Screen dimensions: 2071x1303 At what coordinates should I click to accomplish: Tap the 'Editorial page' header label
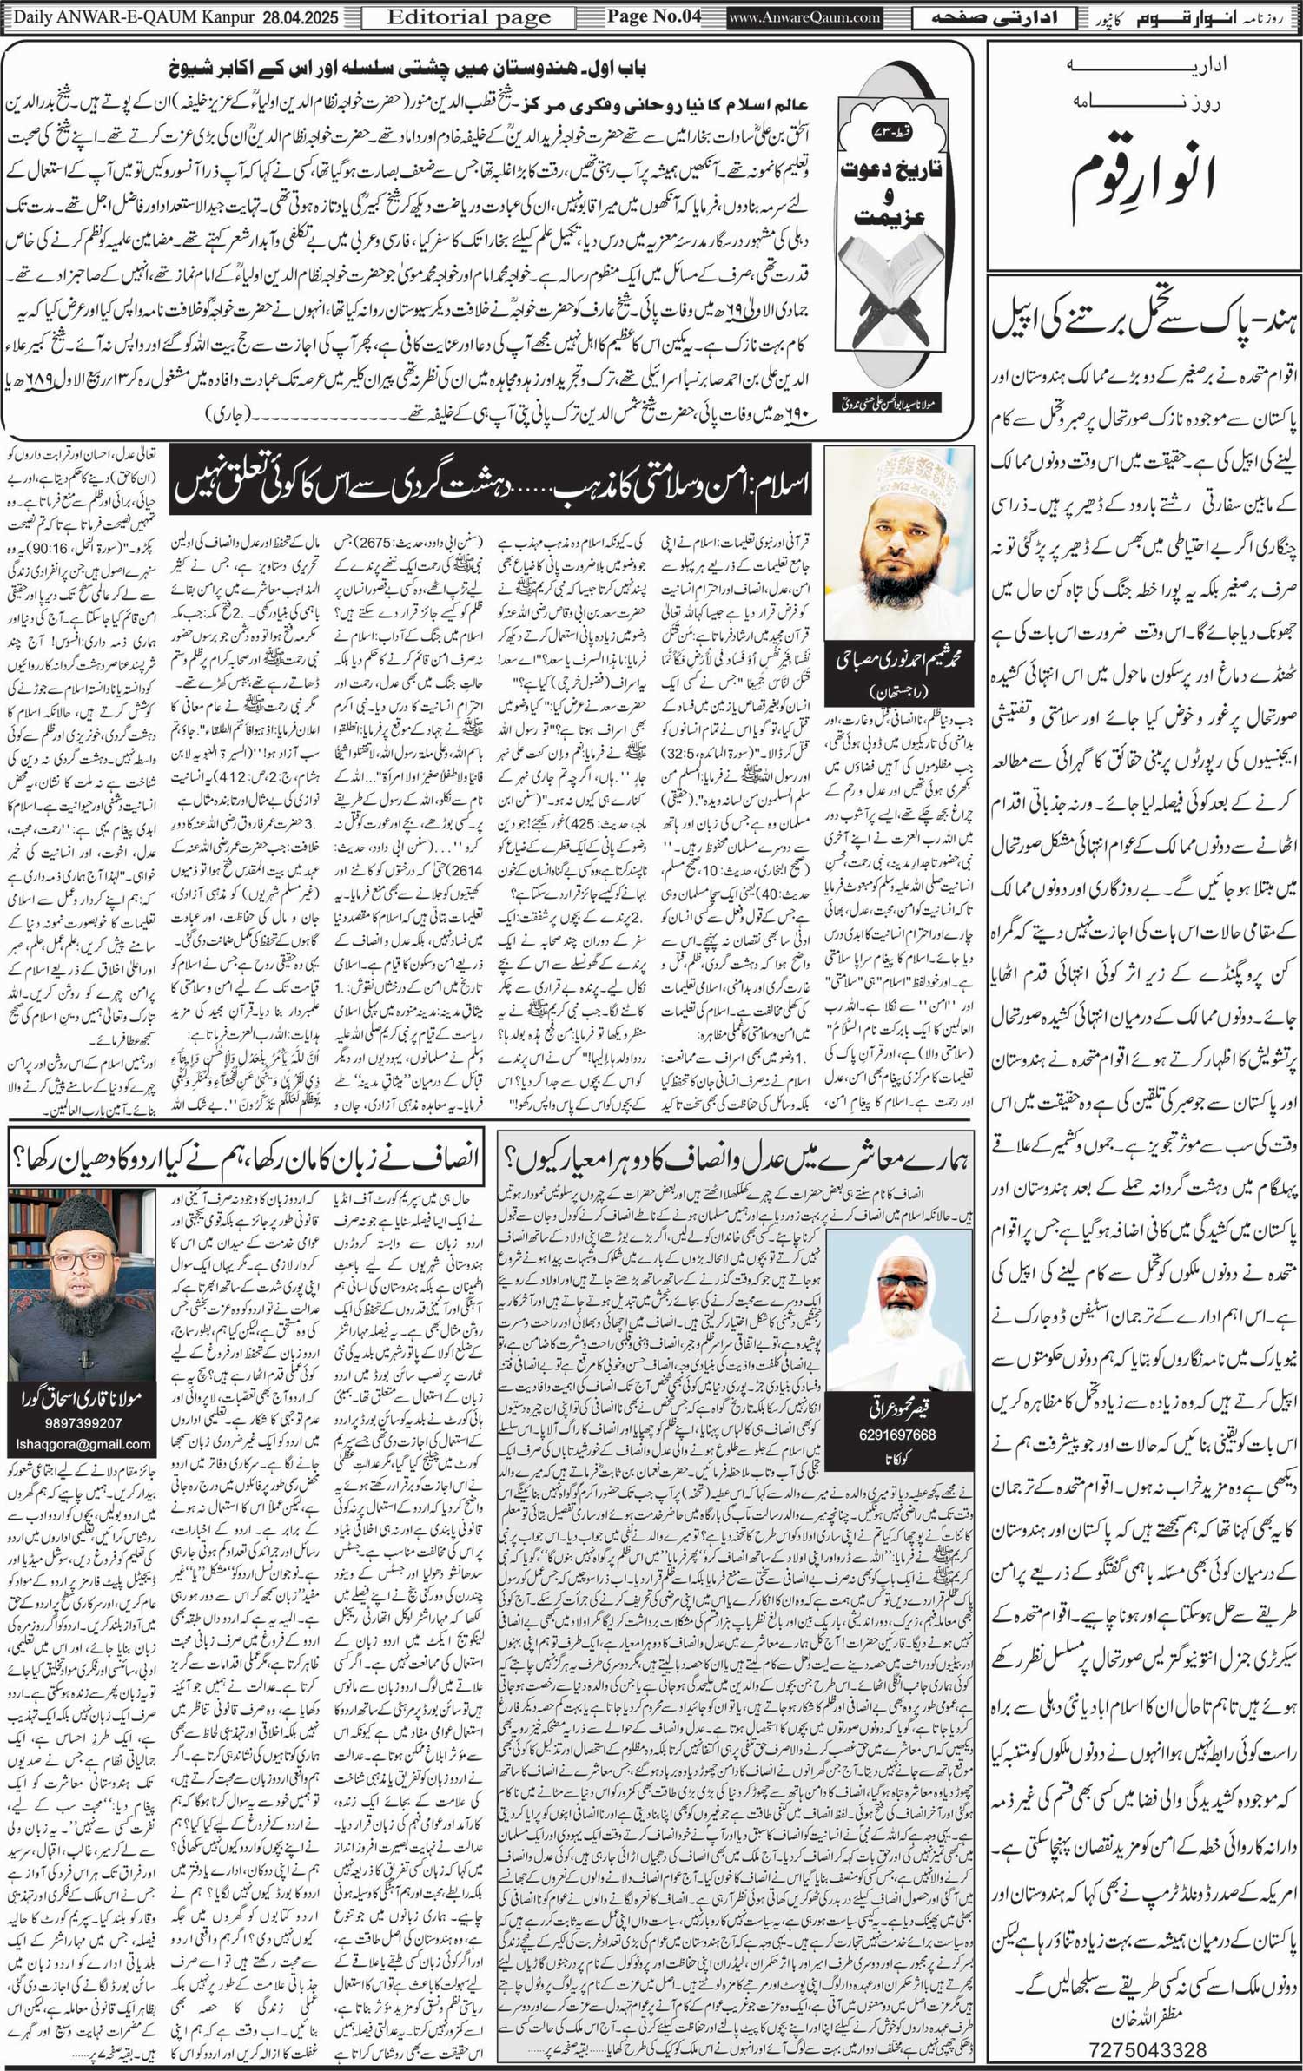468,17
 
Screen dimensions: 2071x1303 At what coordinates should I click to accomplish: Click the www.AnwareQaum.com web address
805,17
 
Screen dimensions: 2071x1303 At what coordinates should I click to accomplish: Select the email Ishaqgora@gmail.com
83,1445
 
